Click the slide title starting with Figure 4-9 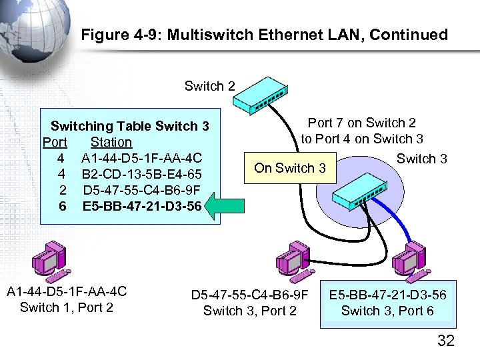click(x=264, y=35)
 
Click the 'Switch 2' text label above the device click(x=210, y=86)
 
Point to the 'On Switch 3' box click(x=290, y=168)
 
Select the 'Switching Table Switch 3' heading click(x=130, y=126)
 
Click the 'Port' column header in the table click(x=55, y=142)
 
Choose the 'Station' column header click(x=111, y=142)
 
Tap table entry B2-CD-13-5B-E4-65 click(x=141, y=174)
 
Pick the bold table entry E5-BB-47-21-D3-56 click(x=141, y=206)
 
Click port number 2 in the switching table click(x=61, y=190)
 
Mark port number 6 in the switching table click(x=61, y=206)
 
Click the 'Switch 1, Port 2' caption click(x=67, y=307)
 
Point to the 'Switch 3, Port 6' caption click(x=387, y=311)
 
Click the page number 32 click(x=445, y=341)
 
